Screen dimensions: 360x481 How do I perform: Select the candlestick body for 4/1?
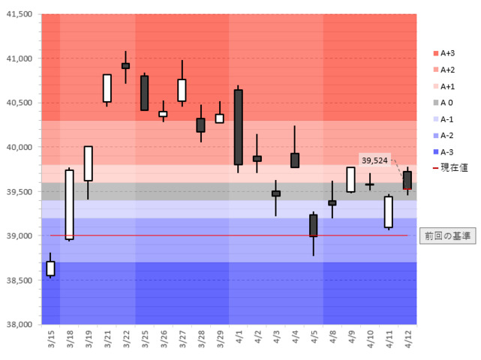[x=238, y=127]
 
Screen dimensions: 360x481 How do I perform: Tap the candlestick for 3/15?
[x=50, y=268]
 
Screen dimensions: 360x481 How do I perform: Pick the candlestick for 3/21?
[x=107, y=88]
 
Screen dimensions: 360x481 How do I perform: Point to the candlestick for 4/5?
[x=313, y=225]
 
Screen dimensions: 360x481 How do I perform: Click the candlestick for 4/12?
[x=407, y=180]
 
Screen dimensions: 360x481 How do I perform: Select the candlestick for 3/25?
[x=144, y=93]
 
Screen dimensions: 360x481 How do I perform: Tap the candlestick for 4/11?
[x=388, y=211]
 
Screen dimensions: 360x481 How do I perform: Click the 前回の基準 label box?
[x=446, y=235]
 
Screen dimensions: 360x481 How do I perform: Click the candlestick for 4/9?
[x=350, y=179]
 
